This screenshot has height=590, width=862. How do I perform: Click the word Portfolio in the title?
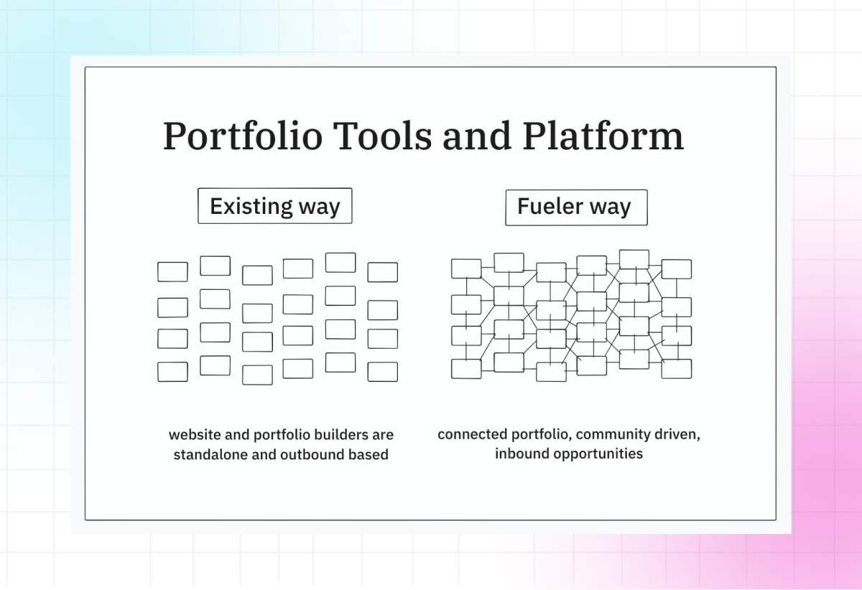point(243,136)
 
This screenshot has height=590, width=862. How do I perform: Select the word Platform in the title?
point(603,136)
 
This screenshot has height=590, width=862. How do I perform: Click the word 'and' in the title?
point(477,136)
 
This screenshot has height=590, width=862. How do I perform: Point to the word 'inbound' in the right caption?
point(522,454)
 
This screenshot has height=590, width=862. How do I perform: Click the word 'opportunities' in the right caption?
point(598,454)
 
